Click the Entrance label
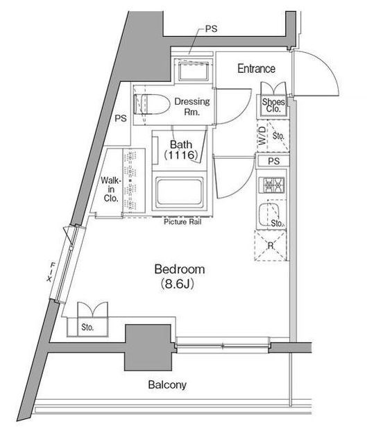point(256,69)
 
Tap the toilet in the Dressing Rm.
point(152,104)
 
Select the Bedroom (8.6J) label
point(180,276)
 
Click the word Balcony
point(167,384)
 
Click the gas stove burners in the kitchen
point(271,185)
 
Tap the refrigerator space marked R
point(271,246)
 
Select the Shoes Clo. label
point(273,105)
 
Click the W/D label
point(262,135)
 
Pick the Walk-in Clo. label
point(111,189)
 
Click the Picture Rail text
point(182,222)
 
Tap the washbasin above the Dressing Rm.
point(193,71)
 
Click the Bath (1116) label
point(181,150)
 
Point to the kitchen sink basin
point(269,214)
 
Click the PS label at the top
point(212,28)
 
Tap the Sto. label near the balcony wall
point(87,328)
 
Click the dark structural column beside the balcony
point(148,348)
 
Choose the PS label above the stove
point(273,161)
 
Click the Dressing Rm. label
point(192,107)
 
